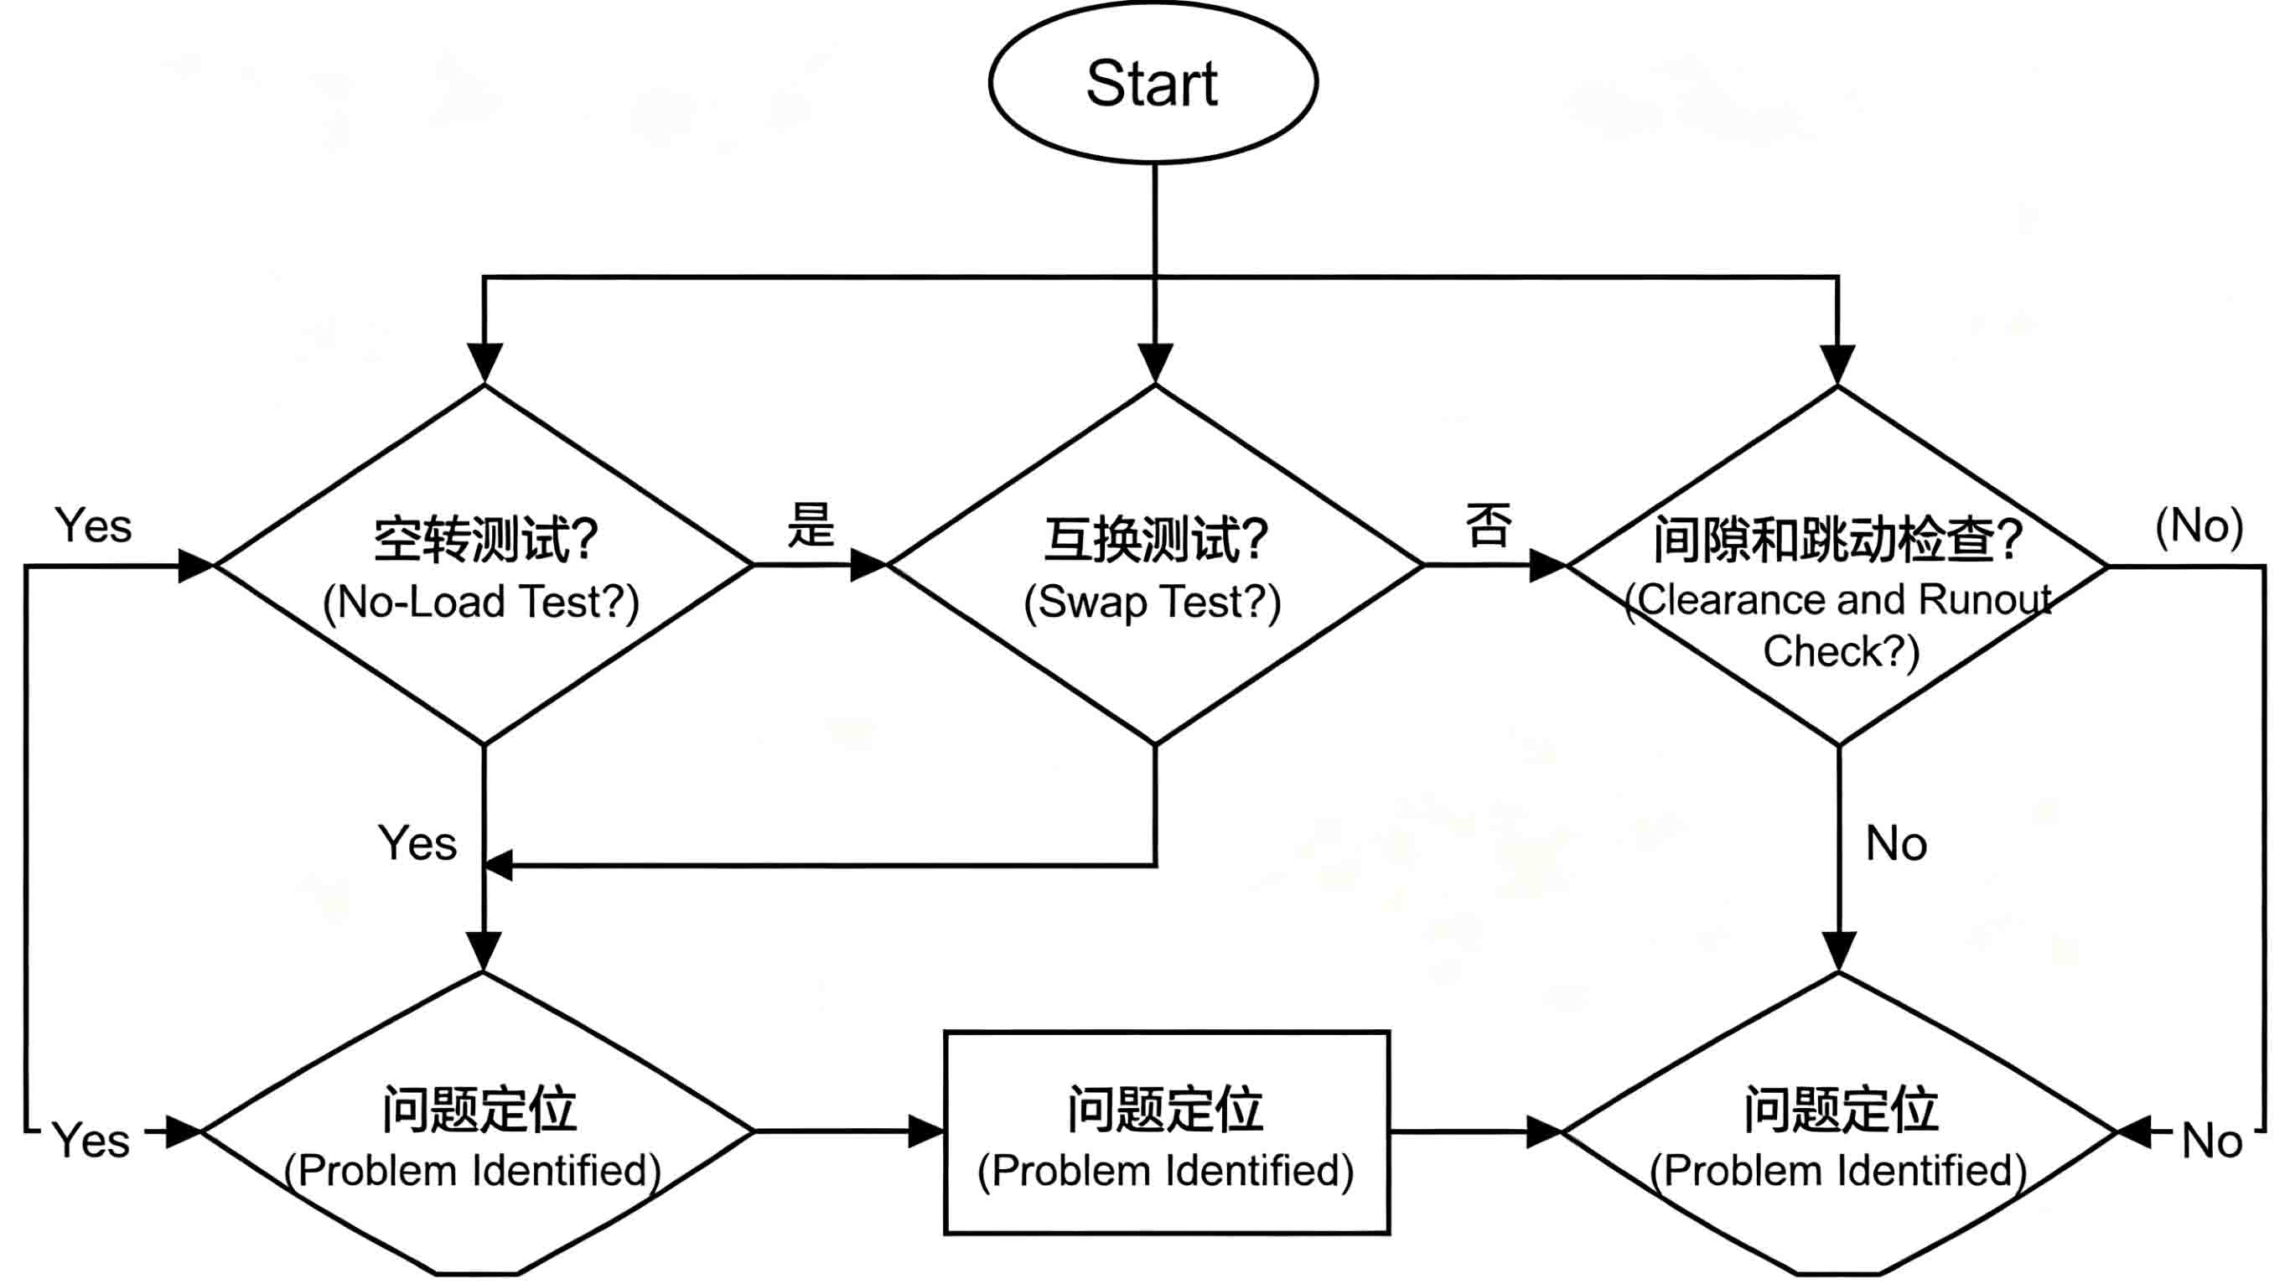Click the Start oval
tap(1153, 82)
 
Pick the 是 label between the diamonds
tap(811, 525)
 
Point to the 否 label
tap(1488, 525)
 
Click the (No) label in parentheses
tap(2199, 526)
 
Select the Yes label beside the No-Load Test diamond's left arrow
tap(93, 526)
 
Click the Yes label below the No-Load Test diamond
tap(417, 842)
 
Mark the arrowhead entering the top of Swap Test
tap(1155, 365)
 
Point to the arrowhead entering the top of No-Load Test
tap(484, 365)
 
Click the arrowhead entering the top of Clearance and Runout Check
tap(1837, 365)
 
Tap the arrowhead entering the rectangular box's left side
tap(925, 1131)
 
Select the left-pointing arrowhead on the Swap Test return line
tap(498, 865)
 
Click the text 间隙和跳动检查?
tap(1838, 540)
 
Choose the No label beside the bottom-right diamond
tap(2213, 1140)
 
